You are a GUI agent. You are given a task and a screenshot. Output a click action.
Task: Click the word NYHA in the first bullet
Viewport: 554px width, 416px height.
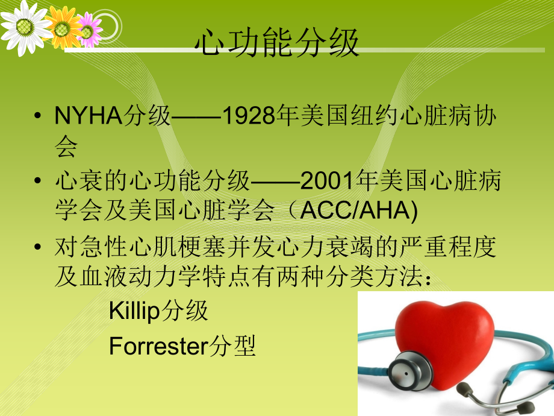click(x=88, y=117)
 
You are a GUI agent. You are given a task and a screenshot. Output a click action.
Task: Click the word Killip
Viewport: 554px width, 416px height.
click(x=133, y=311)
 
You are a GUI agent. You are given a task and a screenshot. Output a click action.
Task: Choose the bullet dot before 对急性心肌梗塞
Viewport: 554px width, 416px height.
click(x=39, y=247)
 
